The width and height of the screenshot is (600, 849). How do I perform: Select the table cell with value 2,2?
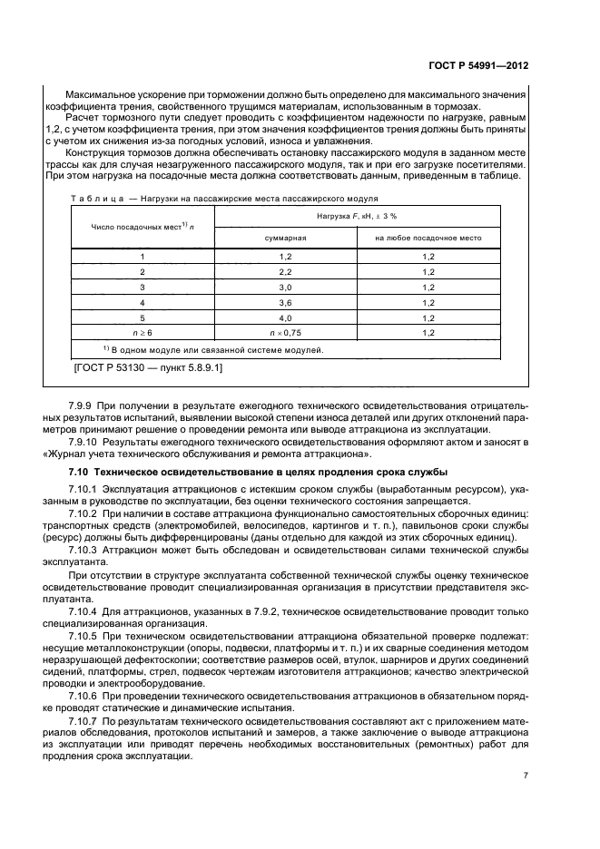point(285,271)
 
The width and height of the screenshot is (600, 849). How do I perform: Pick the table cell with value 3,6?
point(285,301)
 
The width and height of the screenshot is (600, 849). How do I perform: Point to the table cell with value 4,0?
point(285,317)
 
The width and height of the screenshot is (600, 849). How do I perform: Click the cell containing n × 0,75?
point(285,333)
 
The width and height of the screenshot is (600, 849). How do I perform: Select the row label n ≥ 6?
point(142,333)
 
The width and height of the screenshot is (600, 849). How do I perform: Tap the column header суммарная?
point(285,238)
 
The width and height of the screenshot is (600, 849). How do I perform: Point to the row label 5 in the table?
point(142,317)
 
